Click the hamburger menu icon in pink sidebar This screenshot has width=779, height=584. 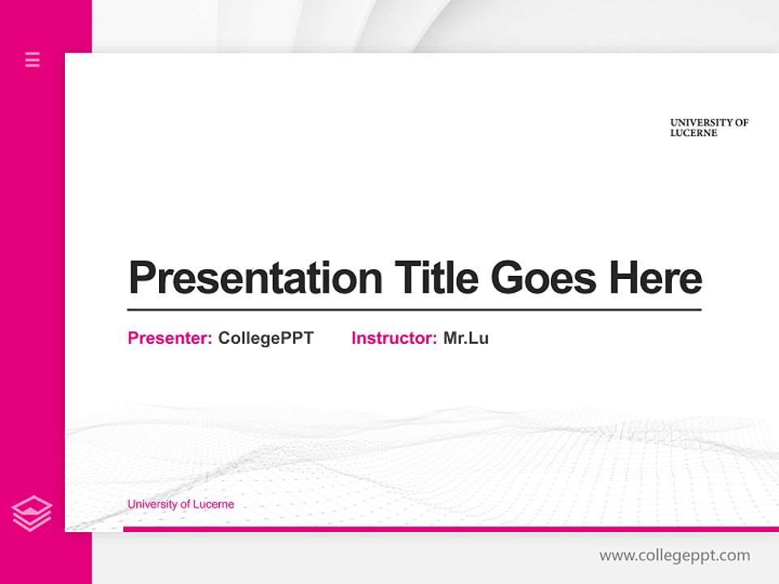[32, 59]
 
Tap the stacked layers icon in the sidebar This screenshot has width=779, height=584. [32, 513]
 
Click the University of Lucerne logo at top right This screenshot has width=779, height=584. [708, 128]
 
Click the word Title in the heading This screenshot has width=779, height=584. [437, 278]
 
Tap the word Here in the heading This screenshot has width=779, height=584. [656, 278]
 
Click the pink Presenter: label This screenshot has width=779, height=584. [170, 338]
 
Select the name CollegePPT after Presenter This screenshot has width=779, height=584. [265, 338]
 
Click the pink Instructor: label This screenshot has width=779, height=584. [394, 338]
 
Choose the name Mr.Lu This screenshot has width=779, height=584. [466, 338]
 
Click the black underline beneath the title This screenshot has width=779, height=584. [414, 310]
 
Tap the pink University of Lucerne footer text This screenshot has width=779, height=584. [180, 505]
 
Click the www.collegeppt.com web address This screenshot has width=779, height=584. [674, 556]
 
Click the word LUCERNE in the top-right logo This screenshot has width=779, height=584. [694, 133]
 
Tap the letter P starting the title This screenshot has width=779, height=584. [141, 278]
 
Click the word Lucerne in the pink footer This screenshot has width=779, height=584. [214, 505]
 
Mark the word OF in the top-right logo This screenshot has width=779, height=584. [742, 122]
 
